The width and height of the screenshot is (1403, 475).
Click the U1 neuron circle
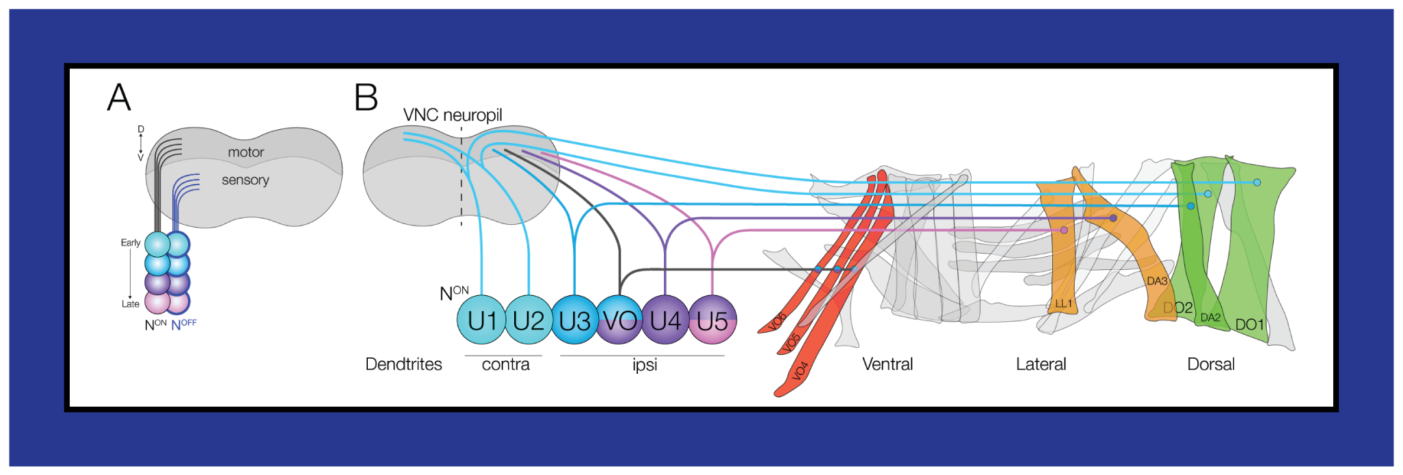click(482, 320)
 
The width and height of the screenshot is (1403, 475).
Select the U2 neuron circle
click(528, 320)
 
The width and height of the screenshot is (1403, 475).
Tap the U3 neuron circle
click(574, 320)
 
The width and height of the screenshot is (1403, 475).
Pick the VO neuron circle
click(619, 320)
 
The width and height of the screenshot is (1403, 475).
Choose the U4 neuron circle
click(665, 320)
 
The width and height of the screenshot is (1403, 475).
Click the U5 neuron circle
click(712, 320)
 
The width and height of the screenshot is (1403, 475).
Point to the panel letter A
click(119, 97)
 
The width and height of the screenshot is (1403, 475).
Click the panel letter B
click(366, 97)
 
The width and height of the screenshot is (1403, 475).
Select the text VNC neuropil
click(453, 115)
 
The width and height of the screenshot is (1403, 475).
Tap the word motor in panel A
click(245, 152)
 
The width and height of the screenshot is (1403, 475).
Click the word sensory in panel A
click(245, 180)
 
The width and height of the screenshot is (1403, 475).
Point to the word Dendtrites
click(403, 364)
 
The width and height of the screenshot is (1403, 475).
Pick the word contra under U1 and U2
click(505, 364)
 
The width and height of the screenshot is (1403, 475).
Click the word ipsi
click(645, 365)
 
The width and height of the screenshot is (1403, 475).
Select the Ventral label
click(887, 364)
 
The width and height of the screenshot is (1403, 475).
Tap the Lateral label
click(1041, 364)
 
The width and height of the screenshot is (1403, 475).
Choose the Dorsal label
click(1211, 364)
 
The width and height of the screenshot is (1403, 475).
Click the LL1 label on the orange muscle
click(1063, 303)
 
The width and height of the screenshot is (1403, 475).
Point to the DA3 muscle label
click(1157, 281)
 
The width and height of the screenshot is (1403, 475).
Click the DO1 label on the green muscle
click(1249, 325)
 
